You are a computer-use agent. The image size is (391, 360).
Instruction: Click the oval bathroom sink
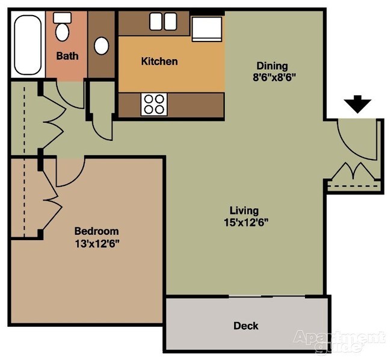click(x=102, y=45)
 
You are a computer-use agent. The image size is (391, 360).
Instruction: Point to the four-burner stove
click(x=153, y=104)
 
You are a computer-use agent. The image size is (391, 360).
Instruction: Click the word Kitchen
click(x=159, y=61)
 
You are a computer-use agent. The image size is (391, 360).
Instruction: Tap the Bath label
click(x=66, y=57)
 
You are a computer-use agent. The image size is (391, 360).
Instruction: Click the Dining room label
click(x=272, y=66)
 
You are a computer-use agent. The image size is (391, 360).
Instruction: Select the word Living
click(x=244, y=211)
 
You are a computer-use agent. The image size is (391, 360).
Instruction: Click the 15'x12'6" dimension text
click(x=244, y=222)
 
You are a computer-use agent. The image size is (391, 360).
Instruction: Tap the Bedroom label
click(x=96, y=231)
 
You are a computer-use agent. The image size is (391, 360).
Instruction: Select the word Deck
click(x=245, y=326)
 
